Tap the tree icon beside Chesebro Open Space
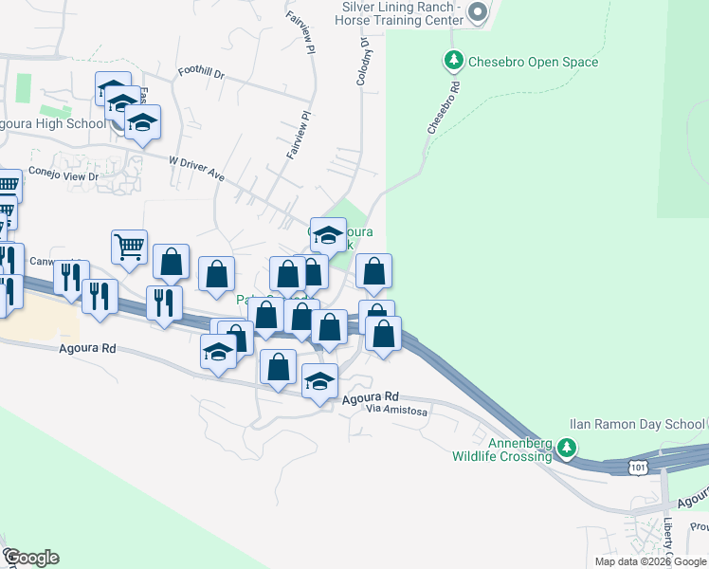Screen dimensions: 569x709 point(454,62)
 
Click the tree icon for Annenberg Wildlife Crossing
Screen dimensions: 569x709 point(566,447)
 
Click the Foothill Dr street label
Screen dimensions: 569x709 point(200,72)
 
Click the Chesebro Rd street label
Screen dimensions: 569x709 point(445,105)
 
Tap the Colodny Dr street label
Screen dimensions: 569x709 point(362,62)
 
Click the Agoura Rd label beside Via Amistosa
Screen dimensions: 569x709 point(371,397)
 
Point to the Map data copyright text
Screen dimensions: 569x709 point(650,561)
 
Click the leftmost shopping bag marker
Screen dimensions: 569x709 point(171,262)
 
